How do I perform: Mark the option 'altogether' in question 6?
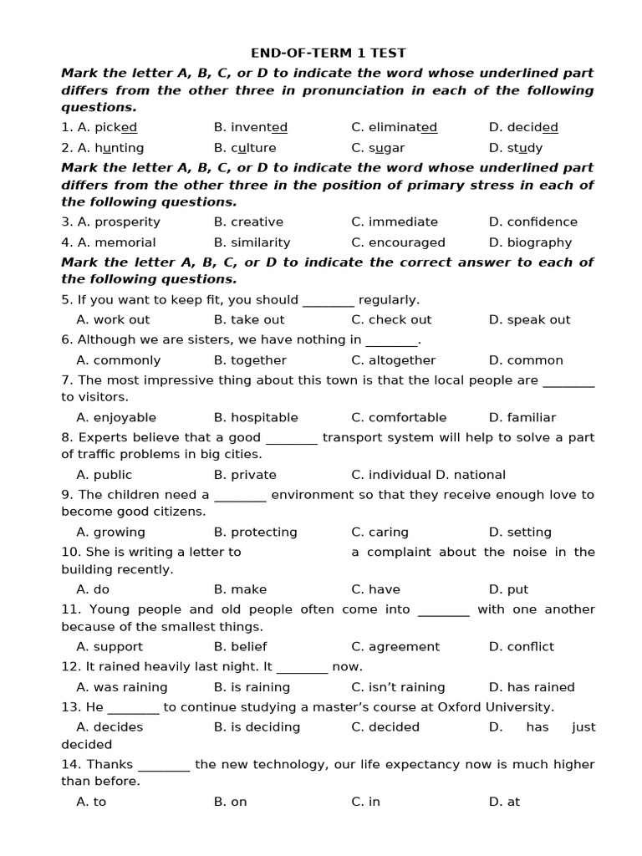pos(401,360)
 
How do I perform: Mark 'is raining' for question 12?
pos(260,688)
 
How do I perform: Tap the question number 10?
pos(69,553)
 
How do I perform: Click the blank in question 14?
pos(164,765)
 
